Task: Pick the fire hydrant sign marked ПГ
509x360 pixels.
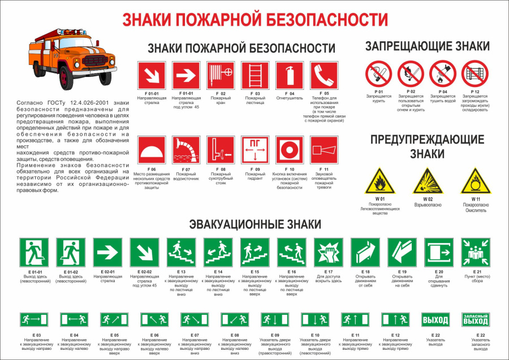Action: click(x=255, y=150)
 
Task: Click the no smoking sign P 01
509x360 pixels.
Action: click(x=378, y=74)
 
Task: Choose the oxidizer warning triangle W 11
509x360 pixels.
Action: click(x=475, y=181)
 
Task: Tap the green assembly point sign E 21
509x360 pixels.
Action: click(x=476, y=251)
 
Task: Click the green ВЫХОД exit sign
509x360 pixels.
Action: click(x=435, y=320)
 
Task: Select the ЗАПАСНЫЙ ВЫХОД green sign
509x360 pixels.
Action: click(x=476, y=320)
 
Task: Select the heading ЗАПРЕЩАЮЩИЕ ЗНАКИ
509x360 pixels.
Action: click(x=427, y=47)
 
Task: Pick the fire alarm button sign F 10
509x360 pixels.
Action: click(x=290, y=150)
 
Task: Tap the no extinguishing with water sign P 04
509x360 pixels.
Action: click(x=443, y=74)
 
